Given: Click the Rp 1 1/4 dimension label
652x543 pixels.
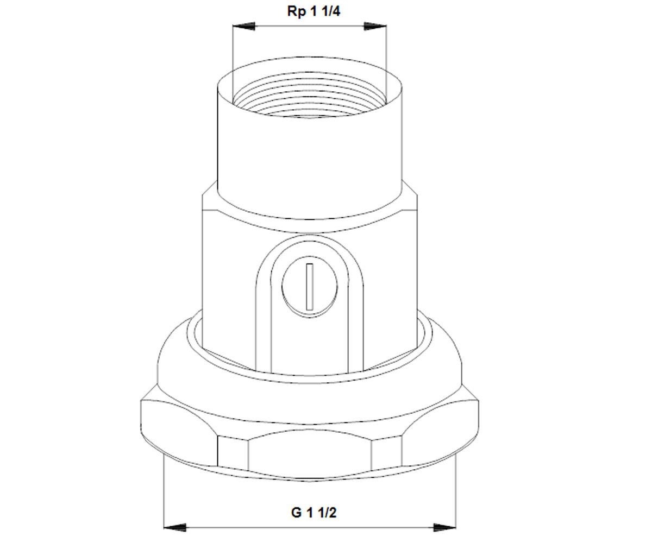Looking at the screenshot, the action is (x=314, y=11).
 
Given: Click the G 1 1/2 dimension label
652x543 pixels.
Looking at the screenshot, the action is (x=314, y=513).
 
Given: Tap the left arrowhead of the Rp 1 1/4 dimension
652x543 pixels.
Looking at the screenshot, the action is (x=243, y=26).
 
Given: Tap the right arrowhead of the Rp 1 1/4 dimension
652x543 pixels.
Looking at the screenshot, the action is (x=375, y=26).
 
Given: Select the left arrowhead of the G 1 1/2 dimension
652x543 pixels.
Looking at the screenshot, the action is (x=175, y=528).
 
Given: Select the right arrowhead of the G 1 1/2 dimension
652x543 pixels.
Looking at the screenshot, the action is (x=444, y=528).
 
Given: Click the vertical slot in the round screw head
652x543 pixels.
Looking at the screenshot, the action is (x=310, y=287).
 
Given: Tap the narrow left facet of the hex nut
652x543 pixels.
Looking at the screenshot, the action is (x=233, y=452).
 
